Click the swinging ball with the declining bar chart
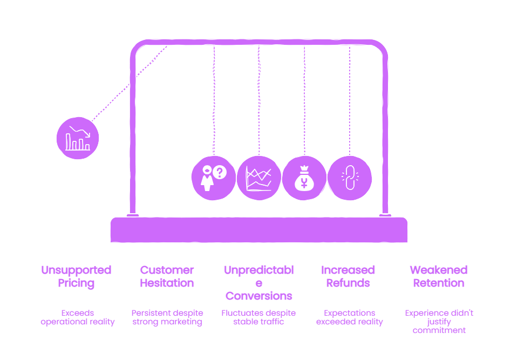pos(78,138)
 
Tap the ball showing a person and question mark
pos(214,178)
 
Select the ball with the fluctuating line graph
pos(259,178)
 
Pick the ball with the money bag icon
pos(304,178)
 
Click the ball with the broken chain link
pos(350,178)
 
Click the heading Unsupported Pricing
pos(76,276)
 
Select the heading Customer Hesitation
pos(167,276)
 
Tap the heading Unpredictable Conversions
pos(259,283)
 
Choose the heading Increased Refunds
pos(348,276)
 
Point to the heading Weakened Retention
pos(439,276)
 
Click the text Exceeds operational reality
pos(78,317)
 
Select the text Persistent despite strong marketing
pos(167,317)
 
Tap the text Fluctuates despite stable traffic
pos(258,317)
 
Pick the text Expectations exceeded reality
pos(350,317)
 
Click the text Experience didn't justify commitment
pos(439,322)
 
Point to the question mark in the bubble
pos(220,172)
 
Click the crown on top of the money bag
pos(304,168)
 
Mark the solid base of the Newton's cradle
pos(259,230)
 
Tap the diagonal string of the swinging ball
pos(130,84)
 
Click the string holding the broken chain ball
pos(350,100)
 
